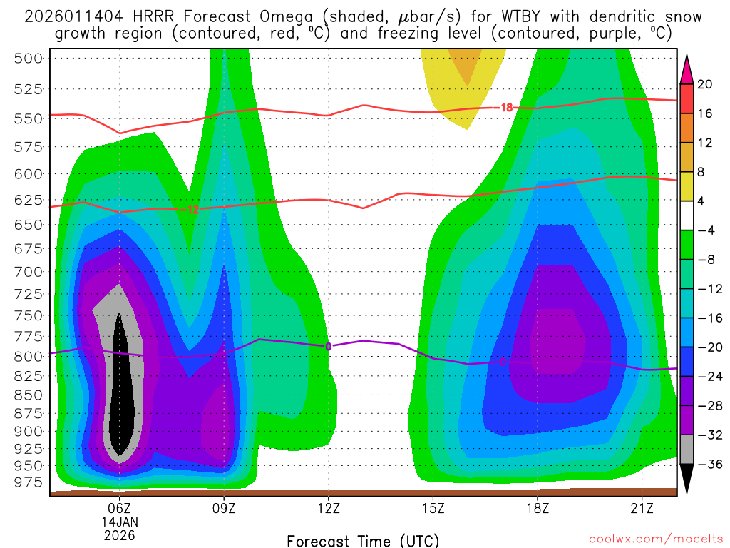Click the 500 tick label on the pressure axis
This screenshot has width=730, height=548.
click(29, 59)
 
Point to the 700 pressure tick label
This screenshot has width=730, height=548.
click(29, 272)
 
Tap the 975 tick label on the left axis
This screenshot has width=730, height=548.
click(29, 482)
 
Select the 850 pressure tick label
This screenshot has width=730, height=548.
click(29, 395)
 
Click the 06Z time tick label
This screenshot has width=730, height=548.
click(120, 508)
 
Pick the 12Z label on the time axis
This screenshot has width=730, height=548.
click(328, 508)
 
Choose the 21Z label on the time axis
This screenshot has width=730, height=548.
click(642, 508)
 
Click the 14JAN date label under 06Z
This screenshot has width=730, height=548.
click(120, 522)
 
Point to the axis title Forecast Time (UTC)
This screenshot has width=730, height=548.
click(363, 540)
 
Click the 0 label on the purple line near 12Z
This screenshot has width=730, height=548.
click(329, 347)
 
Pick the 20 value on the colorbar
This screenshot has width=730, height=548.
click(705, 84)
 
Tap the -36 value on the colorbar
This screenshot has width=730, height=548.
click(706, 465)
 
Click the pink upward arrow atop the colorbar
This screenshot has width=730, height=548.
click(687, 69)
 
